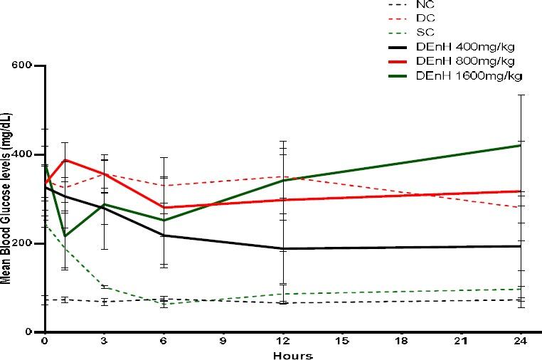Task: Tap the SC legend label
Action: (425, 33)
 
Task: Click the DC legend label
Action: (425, 18)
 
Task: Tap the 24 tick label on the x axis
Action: (521, 342)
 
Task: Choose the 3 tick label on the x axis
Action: (105, 342)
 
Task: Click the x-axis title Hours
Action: (294, 354)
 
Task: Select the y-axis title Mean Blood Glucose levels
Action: (6, 199)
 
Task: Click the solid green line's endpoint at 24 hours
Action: (521, 145)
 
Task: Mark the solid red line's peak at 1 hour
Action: (65, 159)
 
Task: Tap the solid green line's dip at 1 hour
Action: (65, 236)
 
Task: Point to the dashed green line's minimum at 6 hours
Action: (164, 304)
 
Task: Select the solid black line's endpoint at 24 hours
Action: (521, 246)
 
